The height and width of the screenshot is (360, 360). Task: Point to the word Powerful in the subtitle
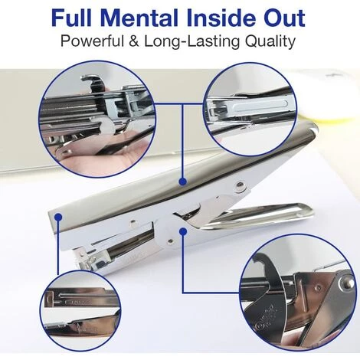92,41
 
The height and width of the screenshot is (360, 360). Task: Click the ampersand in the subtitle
134,41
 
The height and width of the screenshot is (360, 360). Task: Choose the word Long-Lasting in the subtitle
192,41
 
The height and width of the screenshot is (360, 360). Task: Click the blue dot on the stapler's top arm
183,182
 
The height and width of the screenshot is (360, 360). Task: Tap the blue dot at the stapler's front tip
58,218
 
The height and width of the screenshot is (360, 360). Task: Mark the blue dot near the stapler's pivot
183,231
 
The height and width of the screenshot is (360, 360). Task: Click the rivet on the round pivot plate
171,241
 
